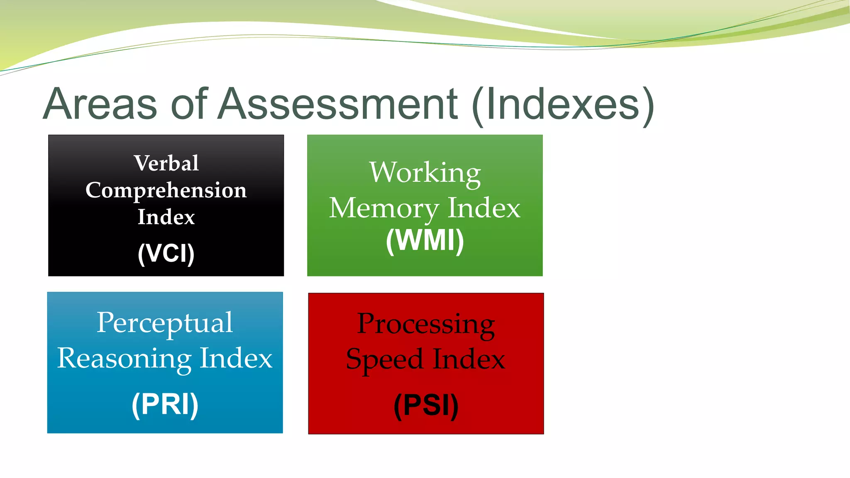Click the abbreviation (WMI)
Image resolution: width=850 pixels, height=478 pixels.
point(425,241)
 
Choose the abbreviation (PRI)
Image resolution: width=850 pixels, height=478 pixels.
point(165,404)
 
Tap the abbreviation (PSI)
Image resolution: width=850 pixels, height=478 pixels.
point(426,405)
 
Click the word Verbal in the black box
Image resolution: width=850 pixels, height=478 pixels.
point(166,163)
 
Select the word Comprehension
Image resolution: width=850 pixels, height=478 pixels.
point(166,190)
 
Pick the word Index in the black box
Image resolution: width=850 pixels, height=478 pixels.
point(166,217)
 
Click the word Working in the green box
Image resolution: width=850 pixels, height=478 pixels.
point(425,173)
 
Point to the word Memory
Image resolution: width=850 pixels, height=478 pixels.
point(383,208)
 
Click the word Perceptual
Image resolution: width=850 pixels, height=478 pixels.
point(165,323)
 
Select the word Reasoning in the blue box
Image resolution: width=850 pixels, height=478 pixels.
point(124,359)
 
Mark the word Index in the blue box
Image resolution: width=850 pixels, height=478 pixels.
point(236,358)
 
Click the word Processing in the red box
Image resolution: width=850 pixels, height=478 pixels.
point(426,324)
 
